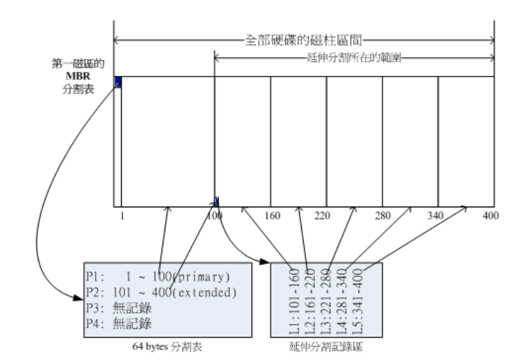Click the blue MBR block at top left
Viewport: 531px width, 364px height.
(117, 82)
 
